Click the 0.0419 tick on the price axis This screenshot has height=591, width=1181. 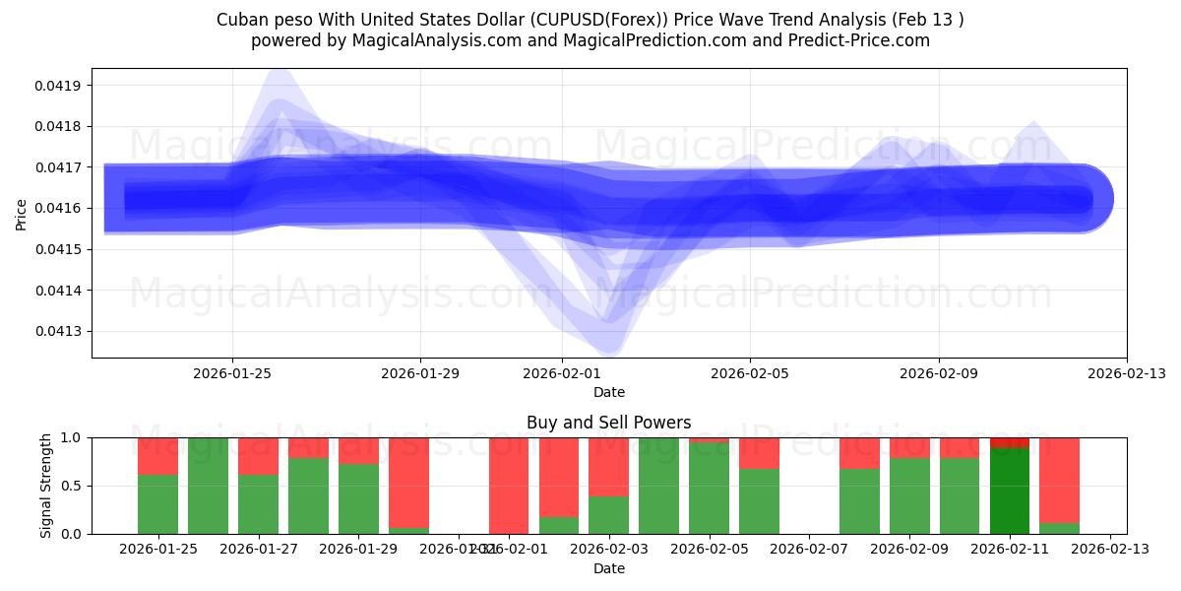coord(60,86)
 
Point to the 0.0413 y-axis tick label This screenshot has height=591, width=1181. coord(60,331)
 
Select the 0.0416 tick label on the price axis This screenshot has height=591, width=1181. coord(60,208)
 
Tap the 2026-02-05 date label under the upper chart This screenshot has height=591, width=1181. coord(750,373)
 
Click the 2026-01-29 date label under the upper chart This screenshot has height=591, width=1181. coord(420,373)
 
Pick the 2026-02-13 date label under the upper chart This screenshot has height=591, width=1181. coord(1126,373)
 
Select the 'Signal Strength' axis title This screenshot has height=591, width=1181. coord(46,486)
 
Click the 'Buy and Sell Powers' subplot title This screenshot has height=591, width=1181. coord(608,423)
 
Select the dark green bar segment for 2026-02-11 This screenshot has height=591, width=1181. coord(1010,491)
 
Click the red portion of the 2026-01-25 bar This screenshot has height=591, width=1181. coord(157,456)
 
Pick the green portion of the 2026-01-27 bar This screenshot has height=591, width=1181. coord(258,504)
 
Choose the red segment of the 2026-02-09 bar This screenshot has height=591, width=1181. coord(909,447)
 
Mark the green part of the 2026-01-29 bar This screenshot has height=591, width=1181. coord(358,498)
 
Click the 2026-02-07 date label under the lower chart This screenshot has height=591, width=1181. coord(809,549)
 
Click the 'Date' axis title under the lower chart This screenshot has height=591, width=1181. coord(608,568)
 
